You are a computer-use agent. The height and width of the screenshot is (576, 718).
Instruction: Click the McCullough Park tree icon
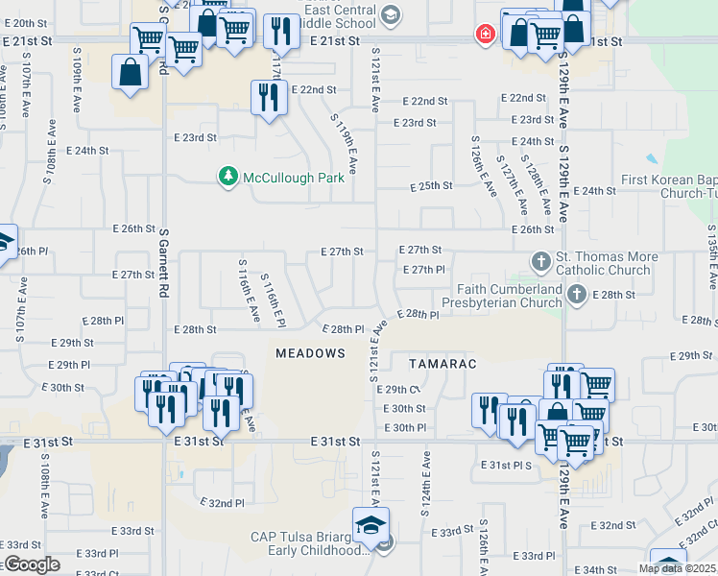point(228,177)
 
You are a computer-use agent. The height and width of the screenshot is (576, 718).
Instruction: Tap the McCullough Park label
point(293,178)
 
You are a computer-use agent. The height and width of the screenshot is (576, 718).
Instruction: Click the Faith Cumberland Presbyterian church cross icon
point(576,296)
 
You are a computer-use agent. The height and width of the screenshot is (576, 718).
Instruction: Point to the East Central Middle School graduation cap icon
point(389,14)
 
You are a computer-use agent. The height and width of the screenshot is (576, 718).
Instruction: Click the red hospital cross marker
point(486,35)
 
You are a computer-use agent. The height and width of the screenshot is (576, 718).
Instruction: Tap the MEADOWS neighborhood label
point(310,353)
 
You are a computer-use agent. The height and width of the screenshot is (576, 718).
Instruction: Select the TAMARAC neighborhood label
point(443,365)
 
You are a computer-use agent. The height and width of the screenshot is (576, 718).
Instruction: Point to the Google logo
point(31,565)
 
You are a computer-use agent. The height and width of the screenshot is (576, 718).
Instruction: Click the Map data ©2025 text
point(676,568)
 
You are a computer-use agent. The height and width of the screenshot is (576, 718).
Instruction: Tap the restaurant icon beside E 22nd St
point(267,97)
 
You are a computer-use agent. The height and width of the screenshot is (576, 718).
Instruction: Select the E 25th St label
point(431,186)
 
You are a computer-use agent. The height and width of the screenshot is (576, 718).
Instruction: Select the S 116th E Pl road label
point(275,296)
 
